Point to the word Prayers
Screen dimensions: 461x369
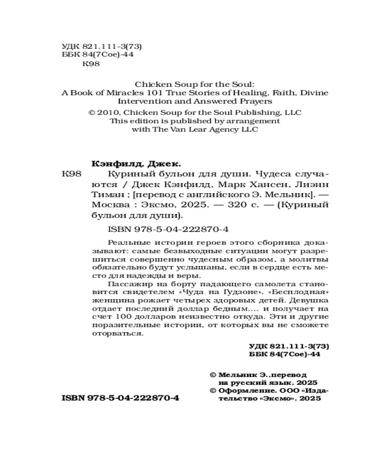pos(255,100)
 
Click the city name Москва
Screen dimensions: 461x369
pos(106,205)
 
